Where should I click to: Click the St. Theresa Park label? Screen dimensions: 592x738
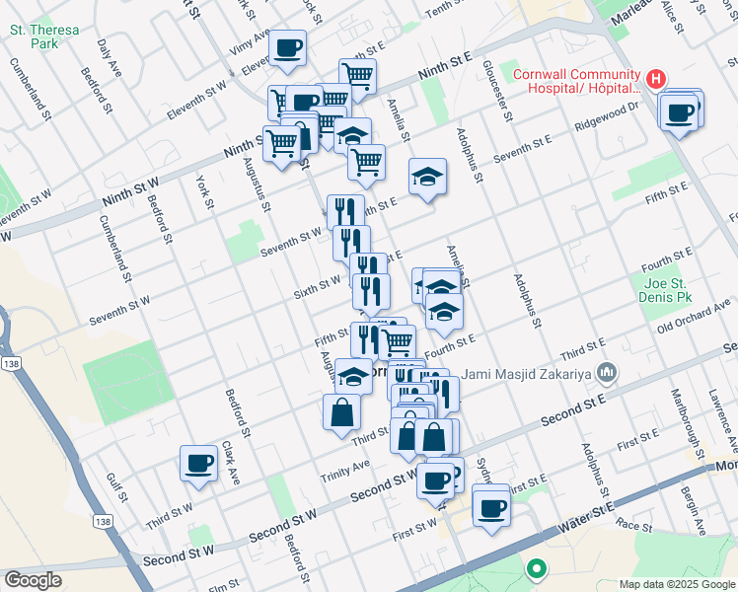(44, 37)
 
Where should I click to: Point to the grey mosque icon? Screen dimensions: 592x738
(607, 372)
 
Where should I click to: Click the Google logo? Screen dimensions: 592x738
(33, 580)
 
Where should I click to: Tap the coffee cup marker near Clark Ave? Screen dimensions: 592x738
(198, 463)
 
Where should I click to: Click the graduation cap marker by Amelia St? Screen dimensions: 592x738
(427, 177)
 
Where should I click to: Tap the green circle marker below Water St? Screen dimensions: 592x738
(537, 568)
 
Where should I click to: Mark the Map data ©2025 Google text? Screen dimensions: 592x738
(676, 583)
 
